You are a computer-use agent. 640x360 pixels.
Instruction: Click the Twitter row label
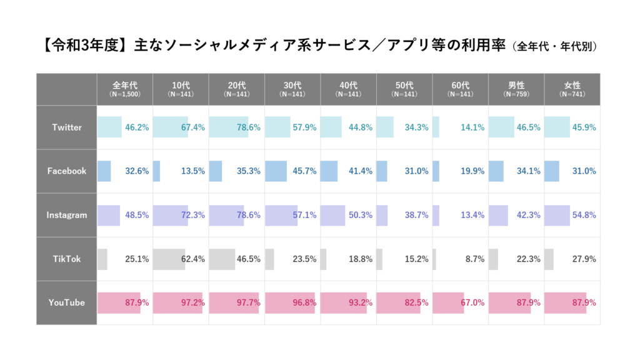pos(67,127)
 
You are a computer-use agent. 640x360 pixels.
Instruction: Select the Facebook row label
pos(67,171)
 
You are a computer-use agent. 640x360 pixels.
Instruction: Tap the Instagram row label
pos(67,215)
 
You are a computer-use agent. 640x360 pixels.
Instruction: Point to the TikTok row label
pos(67,259)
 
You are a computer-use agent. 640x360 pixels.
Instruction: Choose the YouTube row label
pos(67,302)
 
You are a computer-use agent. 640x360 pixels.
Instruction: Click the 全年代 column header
pos(125,89)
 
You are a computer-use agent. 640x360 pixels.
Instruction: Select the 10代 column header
pos(181,89)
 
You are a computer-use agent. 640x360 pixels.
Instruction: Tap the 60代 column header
pos(460,89)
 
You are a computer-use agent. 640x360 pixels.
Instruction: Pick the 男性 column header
pos(516,89)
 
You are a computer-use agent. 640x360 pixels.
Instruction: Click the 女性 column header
pos(572,89)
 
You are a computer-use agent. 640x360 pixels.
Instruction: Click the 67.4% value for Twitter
pos(192,127)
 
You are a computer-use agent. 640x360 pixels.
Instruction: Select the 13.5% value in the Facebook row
pos(192,171)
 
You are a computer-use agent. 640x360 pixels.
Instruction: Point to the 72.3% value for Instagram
pos(192,215)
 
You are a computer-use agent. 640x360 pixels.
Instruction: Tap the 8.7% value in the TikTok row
pos(474,259)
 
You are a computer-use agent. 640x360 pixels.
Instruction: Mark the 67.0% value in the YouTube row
pos(472,302)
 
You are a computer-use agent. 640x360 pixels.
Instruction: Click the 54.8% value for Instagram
pos(584,215)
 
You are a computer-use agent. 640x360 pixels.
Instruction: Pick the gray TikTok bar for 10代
pos(169,259)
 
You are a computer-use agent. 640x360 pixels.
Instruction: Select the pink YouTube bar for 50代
pos(399,302)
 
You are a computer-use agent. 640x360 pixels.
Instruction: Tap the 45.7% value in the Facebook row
pos(304,171)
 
